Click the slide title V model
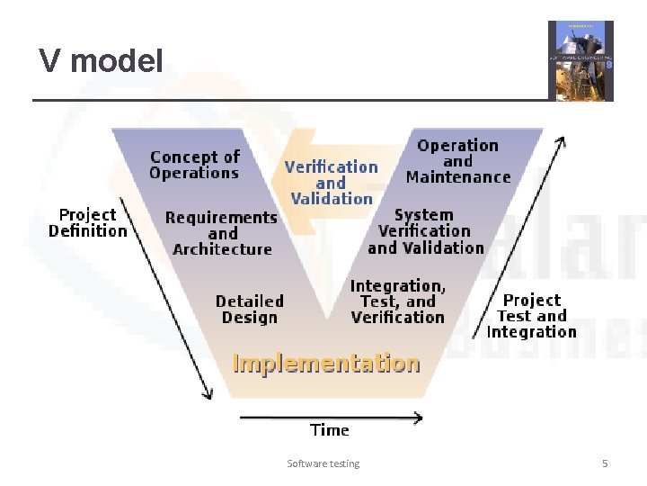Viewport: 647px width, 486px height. coord(101,61)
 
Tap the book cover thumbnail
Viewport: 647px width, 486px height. coord(581,60)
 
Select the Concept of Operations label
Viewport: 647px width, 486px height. coord(194,165)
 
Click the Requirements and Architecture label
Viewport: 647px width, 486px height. coord(222,233)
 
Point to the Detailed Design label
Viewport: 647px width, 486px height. coord(249,309)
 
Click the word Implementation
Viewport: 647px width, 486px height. coord(326,363)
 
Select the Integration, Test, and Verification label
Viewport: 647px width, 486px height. coord(397,301)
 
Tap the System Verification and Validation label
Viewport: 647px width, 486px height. coord(425,231)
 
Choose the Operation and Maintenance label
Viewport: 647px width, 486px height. coord(457,161)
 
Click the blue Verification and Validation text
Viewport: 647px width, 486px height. coord(331,182)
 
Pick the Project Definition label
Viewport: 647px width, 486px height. coord(87,222)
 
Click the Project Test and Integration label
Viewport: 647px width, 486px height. coord(531,316)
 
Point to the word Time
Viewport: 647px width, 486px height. coord(329,430)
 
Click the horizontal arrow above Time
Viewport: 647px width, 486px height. coord(330,417)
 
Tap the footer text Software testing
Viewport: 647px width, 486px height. coord(323,463)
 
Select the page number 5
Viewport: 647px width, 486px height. coord(605,463)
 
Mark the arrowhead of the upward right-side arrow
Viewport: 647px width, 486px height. coord(562,141)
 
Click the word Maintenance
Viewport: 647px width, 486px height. coord(457,177)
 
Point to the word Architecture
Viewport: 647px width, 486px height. coord(222,249)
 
